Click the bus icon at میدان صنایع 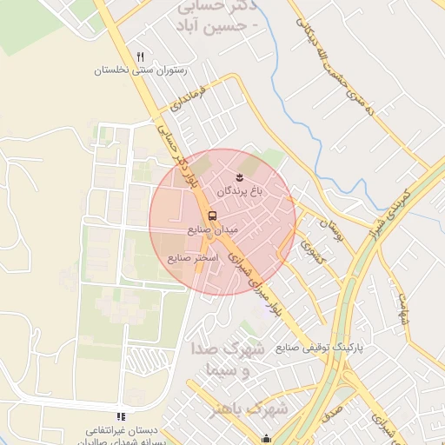[212, 216]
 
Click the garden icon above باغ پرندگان [240, 177]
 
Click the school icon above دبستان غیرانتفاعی [121, 416]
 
